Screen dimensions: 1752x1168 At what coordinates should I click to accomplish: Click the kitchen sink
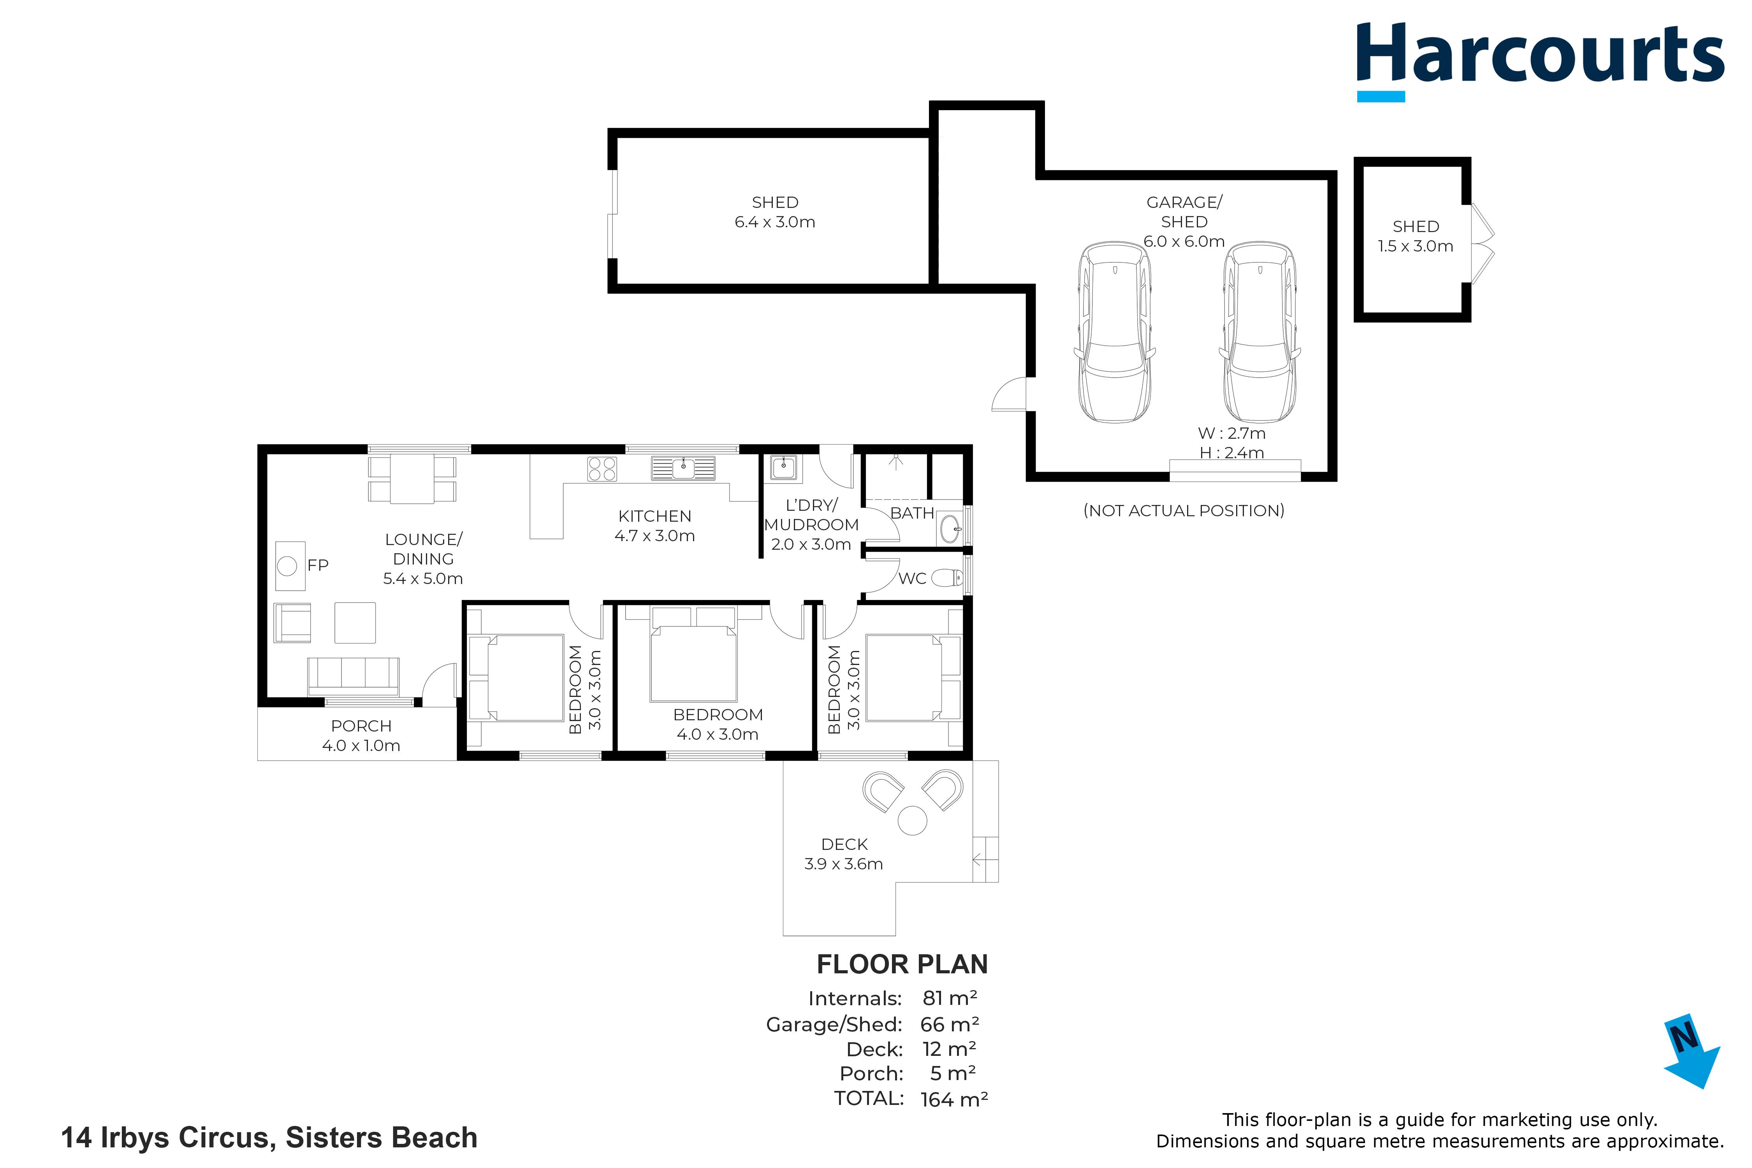(x=683, y=468)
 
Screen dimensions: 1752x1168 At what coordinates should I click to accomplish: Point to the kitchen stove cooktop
(x=602, y=468)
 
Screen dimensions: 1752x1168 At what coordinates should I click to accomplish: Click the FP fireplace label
(x=318, y=565)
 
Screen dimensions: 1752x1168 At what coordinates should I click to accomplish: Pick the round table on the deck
(x=913, y=821)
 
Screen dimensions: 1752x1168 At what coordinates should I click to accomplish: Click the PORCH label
(x=361, y=726)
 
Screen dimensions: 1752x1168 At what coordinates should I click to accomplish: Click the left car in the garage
(x=1115, y=332)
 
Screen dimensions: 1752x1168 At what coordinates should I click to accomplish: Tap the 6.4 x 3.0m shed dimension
(x=775, y=222)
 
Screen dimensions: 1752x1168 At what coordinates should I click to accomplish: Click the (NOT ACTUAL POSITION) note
(x=1184, y=511)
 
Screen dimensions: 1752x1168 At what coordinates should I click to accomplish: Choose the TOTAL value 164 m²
(x=954, y=1099)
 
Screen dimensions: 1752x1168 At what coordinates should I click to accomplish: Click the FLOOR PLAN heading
(x=902, y=965)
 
